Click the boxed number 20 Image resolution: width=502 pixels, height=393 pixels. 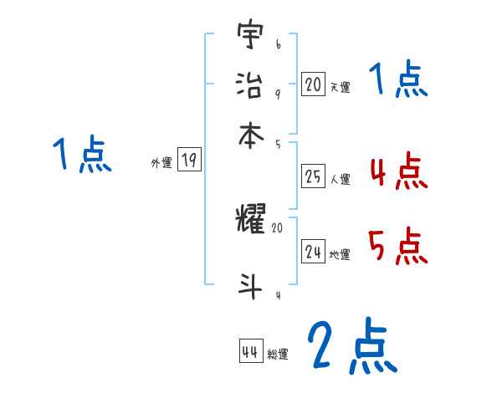tap(313, 84)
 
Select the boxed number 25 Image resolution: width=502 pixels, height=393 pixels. tap(313, 176)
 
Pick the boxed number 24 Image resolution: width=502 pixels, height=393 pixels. tap(313, 252)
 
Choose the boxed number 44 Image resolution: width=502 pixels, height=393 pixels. tap(249, 352)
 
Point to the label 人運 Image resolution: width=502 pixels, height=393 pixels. tap(340, 179)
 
